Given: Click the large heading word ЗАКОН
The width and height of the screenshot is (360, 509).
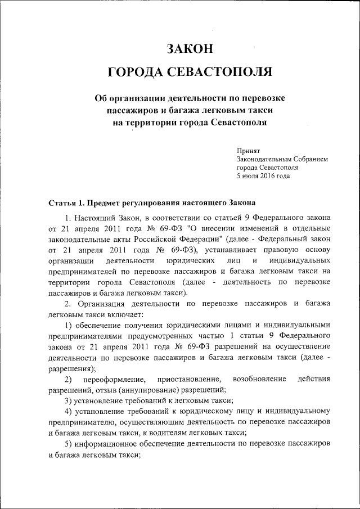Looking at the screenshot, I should coord(190,48).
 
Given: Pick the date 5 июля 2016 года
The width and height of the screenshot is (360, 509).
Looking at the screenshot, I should coord(263,175).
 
